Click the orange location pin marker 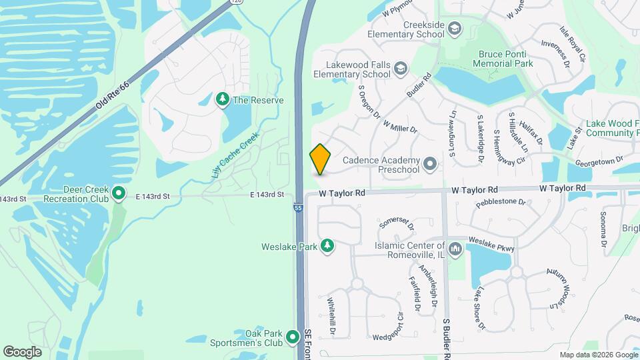(320, 159)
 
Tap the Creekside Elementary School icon (454, 29)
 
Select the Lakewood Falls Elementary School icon (400, 68)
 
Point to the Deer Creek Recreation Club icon (119, 193)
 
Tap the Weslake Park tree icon (327, 247)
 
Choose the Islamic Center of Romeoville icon (455, 250)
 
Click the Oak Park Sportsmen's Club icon (292, 338)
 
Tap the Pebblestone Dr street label (501, 201)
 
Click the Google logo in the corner (22, 351)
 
